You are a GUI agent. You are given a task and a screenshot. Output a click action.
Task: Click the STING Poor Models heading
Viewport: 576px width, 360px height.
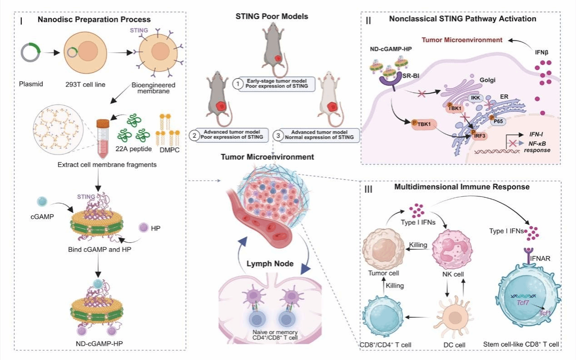coord(272,17)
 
